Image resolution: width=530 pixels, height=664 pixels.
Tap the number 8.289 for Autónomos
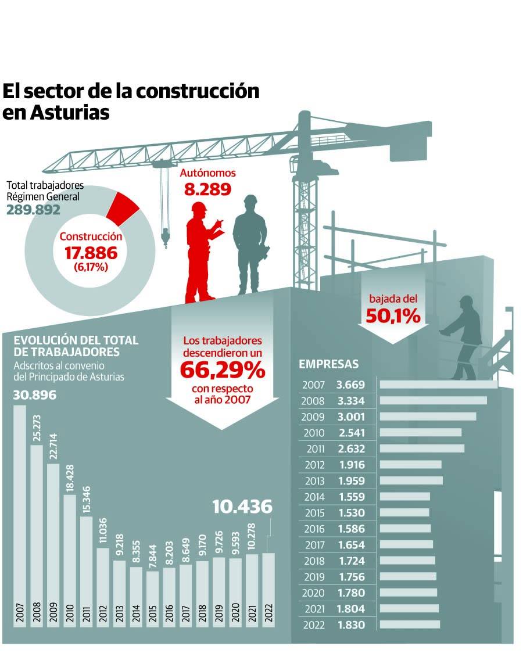tap(207, 189)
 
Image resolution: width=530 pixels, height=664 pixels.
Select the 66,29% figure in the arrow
tap(223, 369)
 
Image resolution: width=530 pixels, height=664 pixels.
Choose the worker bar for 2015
tap(153, 598)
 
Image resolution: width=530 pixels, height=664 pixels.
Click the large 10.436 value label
tap(242, 507)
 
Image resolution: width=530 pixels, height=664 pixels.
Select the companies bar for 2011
tap(422, 448)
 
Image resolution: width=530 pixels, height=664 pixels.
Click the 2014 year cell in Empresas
tap(314, 497)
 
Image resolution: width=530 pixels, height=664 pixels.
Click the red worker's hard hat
tap(199, 207)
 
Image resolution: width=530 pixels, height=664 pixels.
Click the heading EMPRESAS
tap(328, 364)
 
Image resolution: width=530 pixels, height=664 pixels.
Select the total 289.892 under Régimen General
tap(33, 210)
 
